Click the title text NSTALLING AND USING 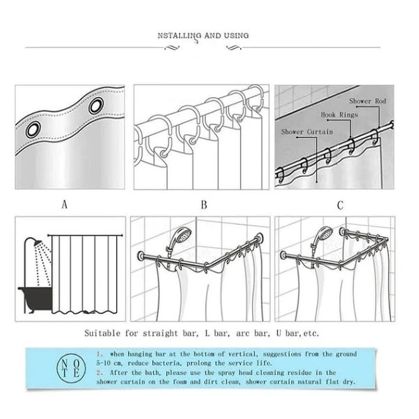point(203,36)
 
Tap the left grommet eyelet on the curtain point(33,129)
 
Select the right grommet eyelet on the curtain point(95,106)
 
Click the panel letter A point(64,205)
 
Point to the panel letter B point(204,205)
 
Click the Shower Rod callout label point(367,101)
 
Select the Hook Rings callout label point(339,114)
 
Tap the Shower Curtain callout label point(307,132)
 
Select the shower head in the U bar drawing point(324,233)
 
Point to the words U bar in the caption point(283,333)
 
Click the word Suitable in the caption point(103,333)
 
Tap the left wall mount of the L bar point(141,257)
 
